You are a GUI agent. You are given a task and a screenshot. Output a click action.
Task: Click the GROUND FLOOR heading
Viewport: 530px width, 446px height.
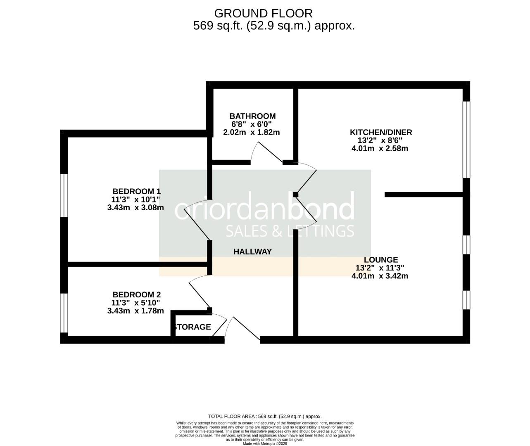tap(264, 13)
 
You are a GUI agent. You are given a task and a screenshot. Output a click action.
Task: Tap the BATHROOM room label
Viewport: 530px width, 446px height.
tap(252, 116)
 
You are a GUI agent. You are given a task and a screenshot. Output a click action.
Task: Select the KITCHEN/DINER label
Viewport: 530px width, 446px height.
tap(380, 132)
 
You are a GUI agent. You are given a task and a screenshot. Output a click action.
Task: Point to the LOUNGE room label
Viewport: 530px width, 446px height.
tap(380, 260)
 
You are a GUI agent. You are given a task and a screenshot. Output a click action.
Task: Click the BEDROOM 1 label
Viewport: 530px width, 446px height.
tap(136, 191)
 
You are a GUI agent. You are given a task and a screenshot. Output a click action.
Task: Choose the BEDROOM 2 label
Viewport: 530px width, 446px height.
tap(136, 294)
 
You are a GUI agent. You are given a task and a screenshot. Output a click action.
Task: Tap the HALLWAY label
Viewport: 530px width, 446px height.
tap(252, 251)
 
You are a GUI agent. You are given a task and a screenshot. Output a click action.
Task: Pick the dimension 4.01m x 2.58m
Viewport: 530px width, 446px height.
tap(380, 148)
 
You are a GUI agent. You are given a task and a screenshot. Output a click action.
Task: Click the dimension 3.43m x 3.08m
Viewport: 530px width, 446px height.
tap(135, 208)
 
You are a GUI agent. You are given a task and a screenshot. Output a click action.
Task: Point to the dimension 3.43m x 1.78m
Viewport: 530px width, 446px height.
tap(135, 311)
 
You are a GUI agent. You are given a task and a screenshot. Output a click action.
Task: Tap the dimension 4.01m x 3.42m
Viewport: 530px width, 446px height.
tap(380, 276)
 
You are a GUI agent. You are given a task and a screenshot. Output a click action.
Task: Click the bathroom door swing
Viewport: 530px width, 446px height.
tap(269, 152)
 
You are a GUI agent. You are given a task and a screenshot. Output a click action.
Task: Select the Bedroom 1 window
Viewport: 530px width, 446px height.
tap(64, 195)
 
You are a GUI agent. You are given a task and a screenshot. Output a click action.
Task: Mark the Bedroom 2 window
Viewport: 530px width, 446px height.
tap(64, 313)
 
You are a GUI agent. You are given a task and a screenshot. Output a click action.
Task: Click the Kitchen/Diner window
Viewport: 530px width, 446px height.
tap(466, 139)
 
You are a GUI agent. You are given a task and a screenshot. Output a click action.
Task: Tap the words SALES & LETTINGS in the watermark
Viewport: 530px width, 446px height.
tap(290, 230)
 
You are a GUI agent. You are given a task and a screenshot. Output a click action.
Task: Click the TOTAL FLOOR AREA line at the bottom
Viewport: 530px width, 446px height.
tap(265, 416)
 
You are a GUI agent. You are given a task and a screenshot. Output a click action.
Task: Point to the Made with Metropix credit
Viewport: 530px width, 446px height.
tap(265, 444)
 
